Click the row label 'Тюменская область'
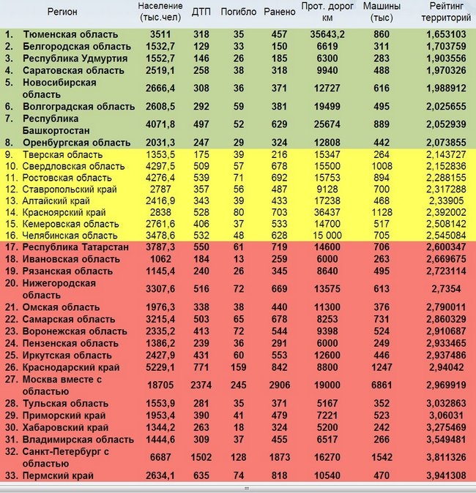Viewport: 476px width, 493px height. (70, 34)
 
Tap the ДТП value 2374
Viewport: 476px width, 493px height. (200, 385)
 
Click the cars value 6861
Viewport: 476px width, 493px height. (382, 385)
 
